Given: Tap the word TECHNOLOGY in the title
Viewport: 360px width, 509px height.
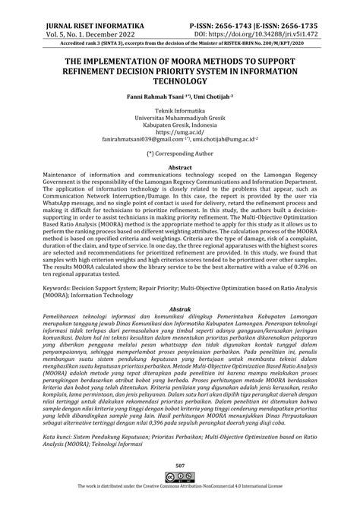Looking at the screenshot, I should pyautogui.click(x=180, y=80).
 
